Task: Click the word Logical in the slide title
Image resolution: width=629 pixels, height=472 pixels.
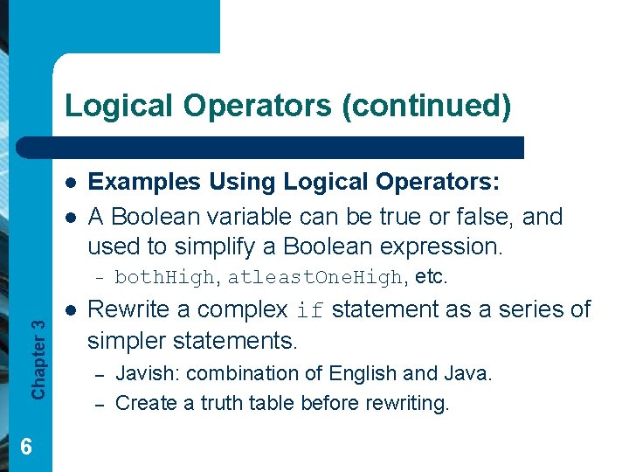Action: tap(119, 105)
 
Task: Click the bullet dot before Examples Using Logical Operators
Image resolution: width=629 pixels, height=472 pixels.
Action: tap(70, 183)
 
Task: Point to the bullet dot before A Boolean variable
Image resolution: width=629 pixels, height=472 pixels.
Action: tap(70, 217)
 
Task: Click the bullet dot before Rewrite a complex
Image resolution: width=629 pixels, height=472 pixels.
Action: tap(70, 310)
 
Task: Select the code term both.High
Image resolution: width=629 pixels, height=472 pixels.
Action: tap(163, 279)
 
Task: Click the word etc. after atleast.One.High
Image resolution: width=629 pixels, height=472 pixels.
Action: tap(432, 278)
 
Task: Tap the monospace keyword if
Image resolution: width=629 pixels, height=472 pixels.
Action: tap(311, 311)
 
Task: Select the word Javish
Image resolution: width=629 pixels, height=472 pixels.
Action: tap(147, 374)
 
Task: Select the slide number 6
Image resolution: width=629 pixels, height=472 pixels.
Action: tap(25, 448)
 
